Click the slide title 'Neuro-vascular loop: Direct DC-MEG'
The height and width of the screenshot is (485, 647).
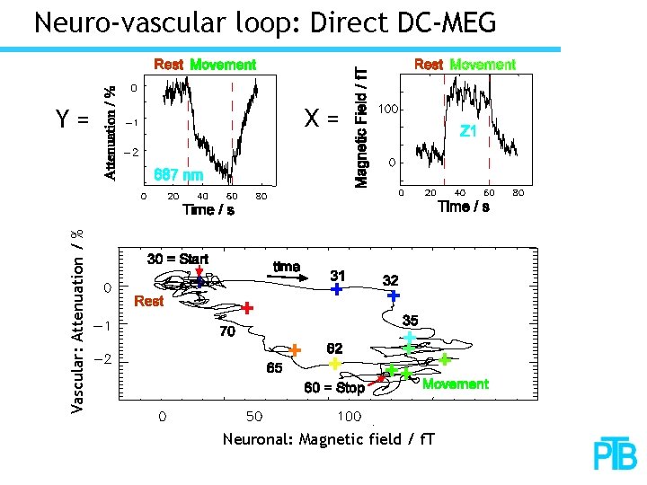(264, 22)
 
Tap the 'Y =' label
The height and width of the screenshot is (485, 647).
(73, 119)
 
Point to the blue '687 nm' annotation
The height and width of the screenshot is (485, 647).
(179, 173)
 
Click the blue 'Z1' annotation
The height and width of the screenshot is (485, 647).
(468, 131)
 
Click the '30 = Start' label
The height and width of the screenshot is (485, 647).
(178, 259)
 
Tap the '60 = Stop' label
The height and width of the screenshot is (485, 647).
(334, 388)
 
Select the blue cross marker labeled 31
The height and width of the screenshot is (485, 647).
(336, 289)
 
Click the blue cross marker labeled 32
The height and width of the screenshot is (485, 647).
(393, 295)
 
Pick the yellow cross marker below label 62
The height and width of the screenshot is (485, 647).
(334, 364)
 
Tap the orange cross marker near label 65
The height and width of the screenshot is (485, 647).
(294, 349)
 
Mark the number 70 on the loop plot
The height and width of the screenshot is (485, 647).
(226, 331)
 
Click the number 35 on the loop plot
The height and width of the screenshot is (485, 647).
(410, 320)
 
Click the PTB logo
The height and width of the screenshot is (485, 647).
(614, 454)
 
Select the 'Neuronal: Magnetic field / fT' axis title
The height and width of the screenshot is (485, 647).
(328, 439)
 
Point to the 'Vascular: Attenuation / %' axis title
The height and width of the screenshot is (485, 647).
(78, 322)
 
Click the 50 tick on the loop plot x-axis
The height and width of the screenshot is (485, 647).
(254, 417)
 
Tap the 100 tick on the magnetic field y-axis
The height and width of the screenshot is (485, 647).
(387, 109)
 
